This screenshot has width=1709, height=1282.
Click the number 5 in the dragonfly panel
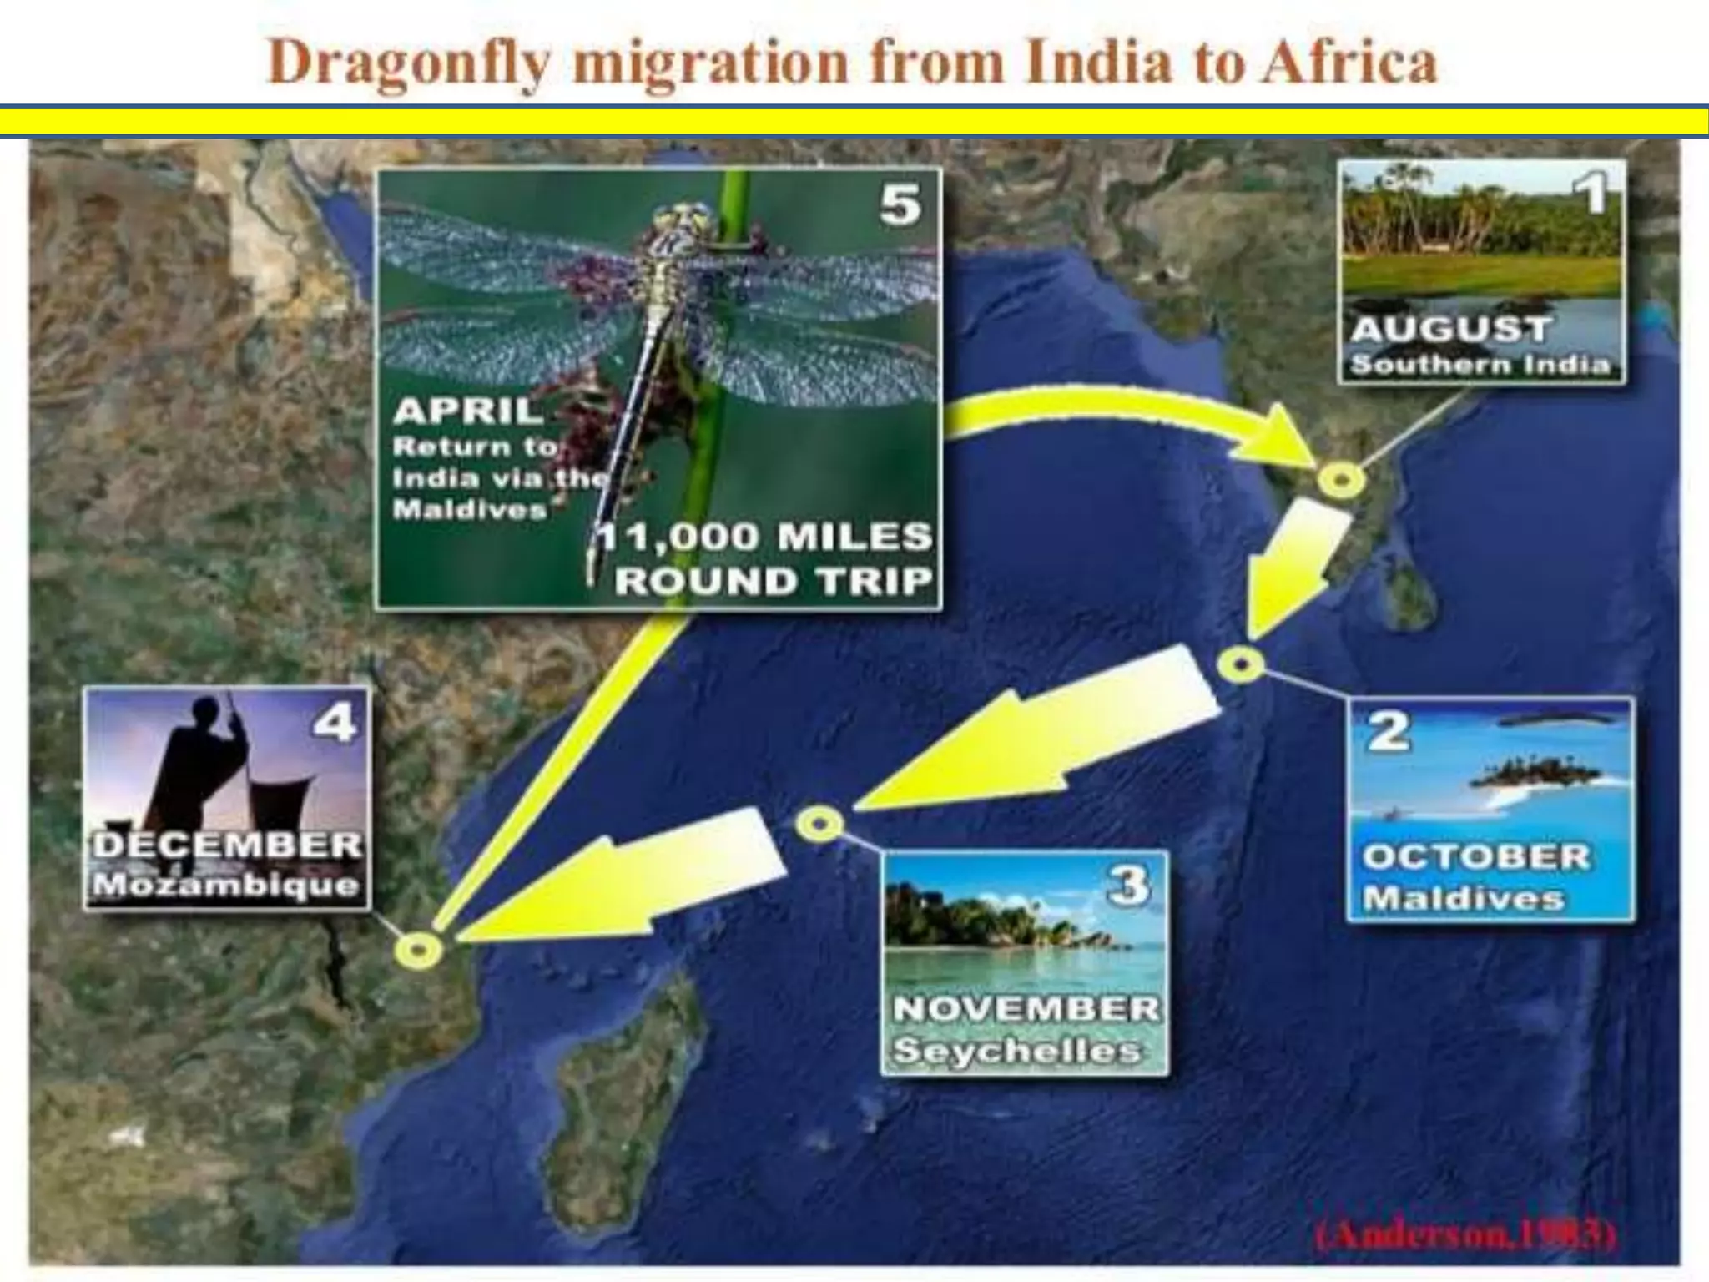pyautogui.click(x=900, y=204)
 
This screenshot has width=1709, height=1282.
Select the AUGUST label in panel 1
pyautogui.click(x=1450, y=330)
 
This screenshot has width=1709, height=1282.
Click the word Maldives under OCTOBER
pyautogui.click(x=1463, y=899)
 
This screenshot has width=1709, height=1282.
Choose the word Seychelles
pyautogui.click(x=1016, y=1051)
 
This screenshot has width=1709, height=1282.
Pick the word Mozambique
pyautogui.click(x=225, y=886)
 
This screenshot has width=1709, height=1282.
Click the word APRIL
pyautogui.click(x=467, y=411)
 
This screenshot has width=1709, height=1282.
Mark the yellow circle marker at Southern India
pyautogui.click(x=1341, y=480)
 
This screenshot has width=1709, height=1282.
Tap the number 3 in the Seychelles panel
pyautogui.click(x=1128, y=886)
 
